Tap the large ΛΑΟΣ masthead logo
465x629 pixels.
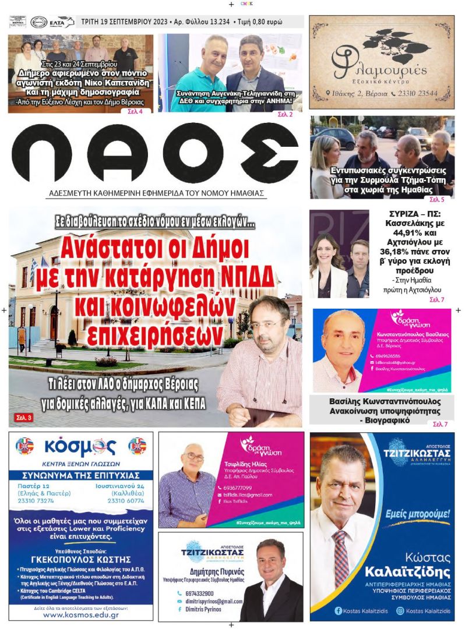click(154, 153)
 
